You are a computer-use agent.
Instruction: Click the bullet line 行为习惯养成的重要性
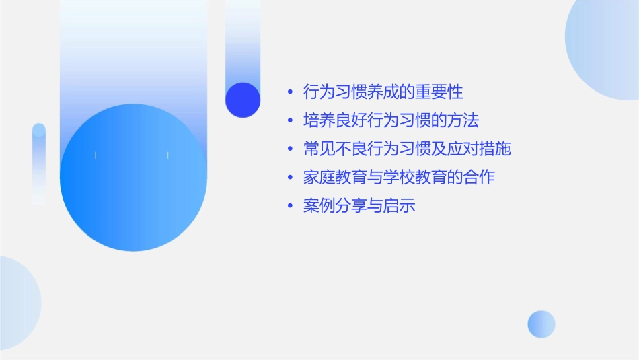383,92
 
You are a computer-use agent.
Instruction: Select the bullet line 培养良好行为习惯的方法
391,120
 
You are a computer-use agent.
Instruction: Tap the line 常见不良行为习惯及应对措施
407,149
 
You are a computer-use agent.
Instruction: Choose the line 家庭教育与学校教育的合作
399,178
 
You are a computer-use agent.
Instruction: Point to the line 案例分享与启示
359,206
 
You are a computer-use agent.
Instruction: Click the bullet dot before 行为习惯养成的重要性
290,92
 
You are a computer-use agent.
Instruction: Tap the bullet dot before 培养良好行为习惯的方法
290,121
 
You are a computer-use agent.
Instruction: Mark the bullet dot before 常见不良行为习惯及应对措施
290,149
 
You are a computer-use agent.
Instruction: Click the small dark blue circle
243,100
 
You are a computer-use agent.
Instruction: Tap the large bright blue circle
133,178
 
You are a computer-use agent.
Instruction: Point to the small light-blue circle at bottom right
541,324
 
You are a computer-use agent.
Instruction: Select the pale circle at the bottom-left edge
17,303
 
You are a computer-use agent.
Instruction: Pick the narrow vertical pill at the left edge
39,164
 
